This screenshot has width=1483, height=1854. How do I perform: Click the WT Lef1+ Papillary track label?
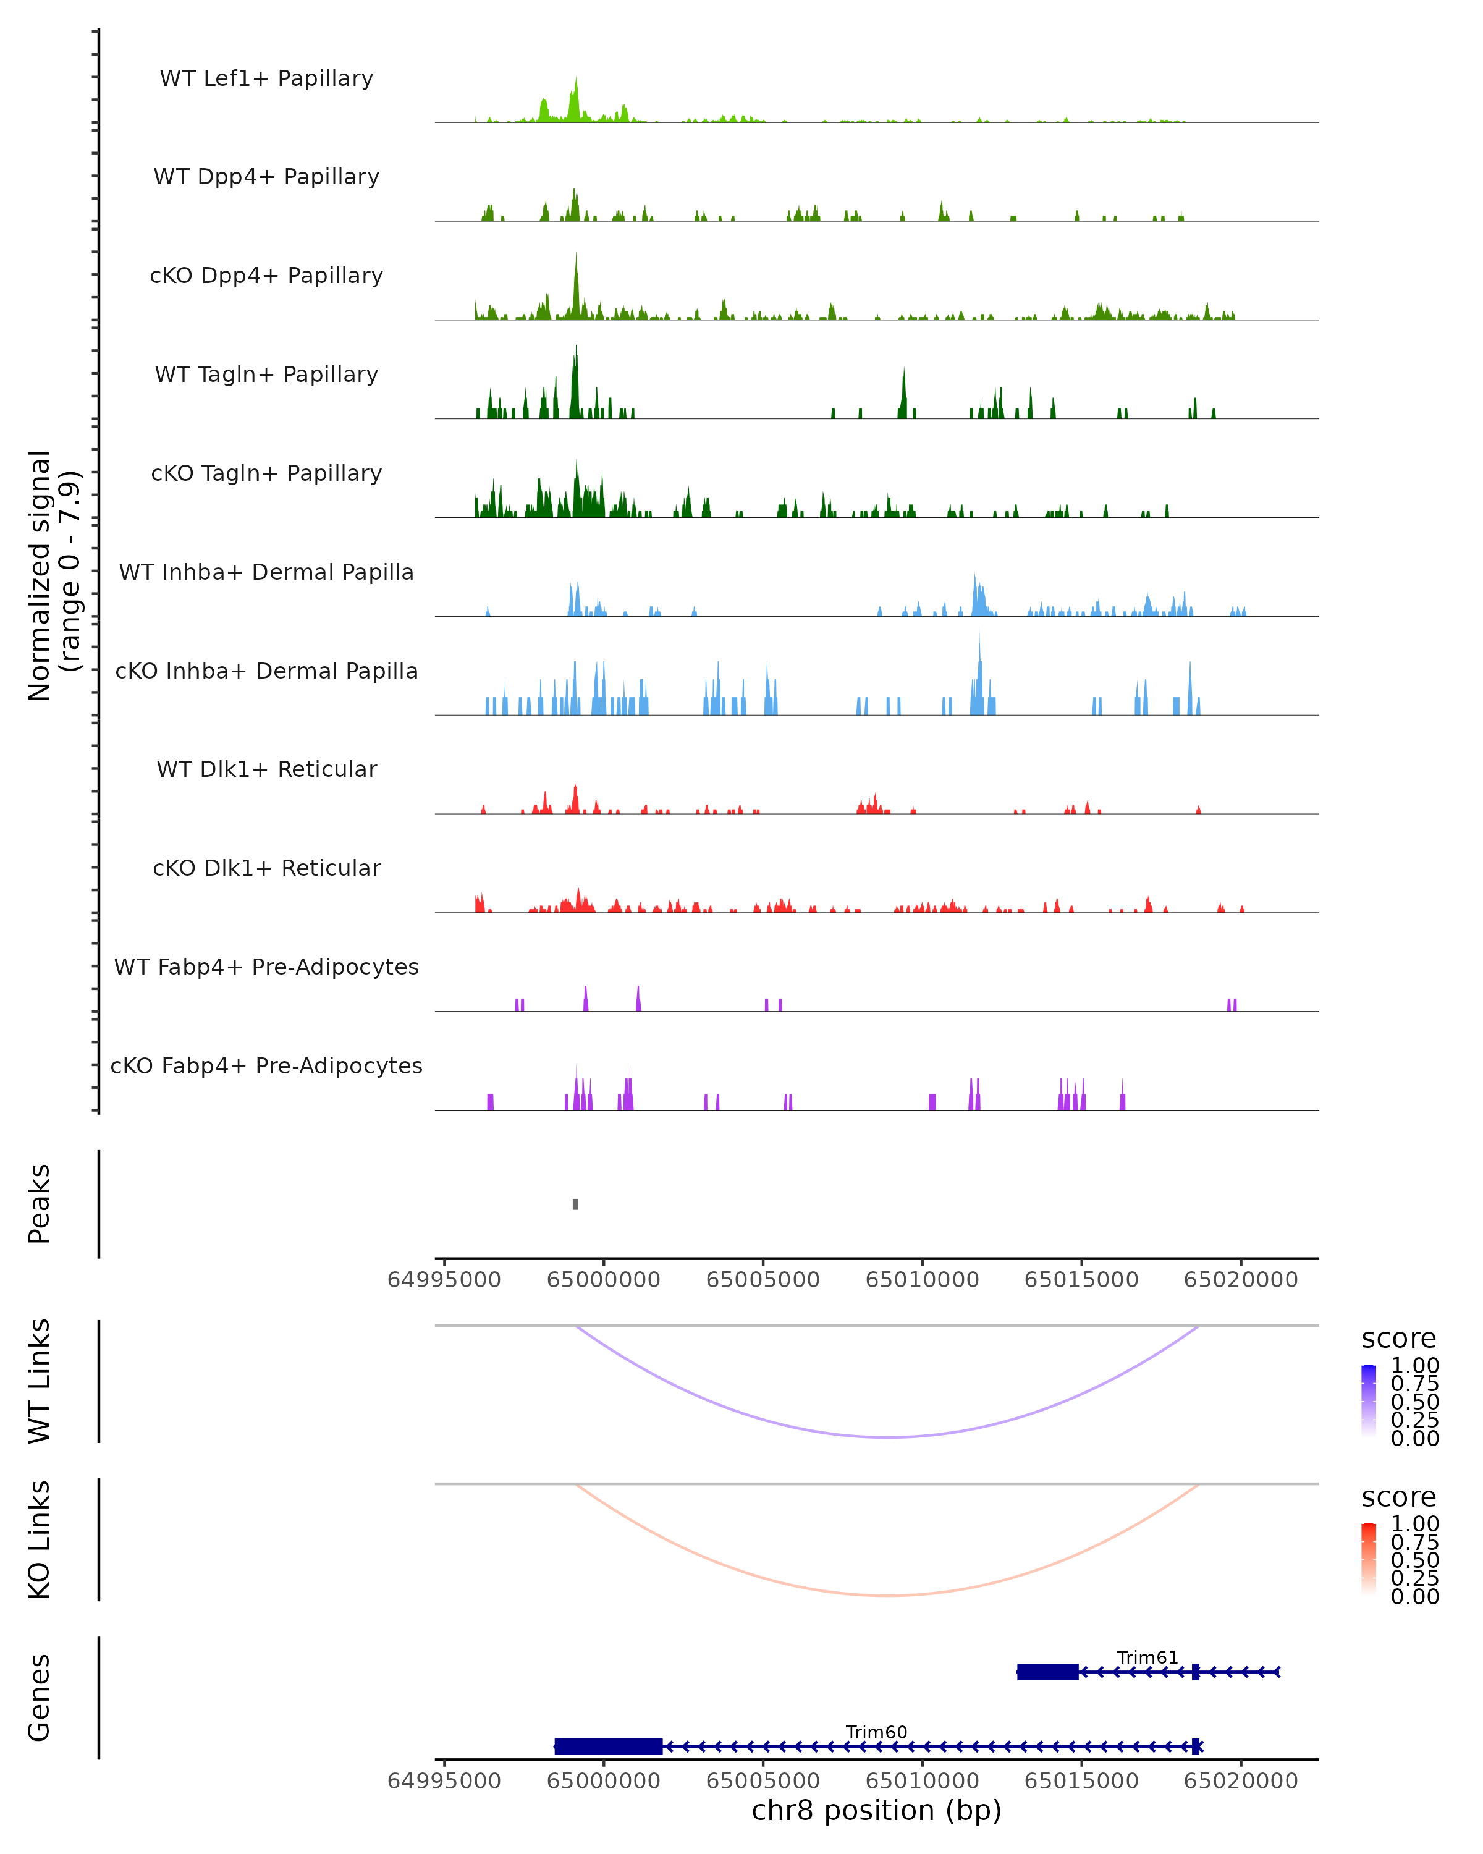[266, 79]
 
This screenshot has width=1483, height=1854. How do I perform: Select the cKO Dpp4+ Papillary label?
[266, 276]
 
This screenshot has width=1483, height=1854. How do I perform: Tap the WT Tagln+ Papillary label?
[266, 375]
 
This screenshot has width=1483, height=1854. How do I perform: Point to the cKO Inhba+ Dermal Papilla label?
[266, 672]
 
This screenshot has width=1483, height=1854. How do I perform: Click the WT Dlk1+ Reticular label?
[266, 769]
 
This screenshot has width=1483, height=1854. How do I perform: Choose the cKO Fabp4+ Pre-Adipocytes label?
[266, 1066]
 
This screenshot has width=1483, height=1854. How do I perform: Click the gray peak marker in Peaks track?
[575, 1204]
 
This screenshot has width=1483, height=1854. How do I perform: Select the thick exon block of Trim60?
[609, 1746]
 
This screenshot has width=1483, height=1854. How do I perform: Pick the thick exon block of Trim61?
[1047, 1672]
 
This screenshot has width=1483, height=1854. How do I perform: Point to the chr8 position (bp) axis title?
[876, 1810]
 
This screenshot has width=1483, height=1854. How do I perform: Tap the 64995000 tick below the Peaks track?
[444, 1280]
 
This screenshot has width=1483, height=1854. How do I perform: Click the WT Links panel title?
[40, 1381]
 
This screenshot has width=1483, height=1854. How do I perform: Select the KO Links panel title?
[40, 1539]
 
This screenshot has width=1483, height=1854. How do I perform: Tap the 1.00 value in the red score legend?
[1414, 1524]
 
